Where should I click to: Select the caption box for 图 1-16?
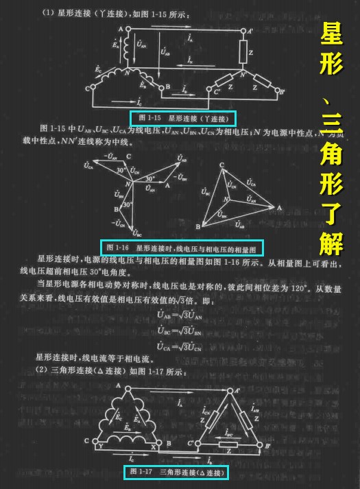182,246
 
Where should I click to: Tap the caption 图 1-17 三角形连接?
176,473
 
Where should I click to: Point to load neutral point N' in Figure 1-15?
242,73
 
